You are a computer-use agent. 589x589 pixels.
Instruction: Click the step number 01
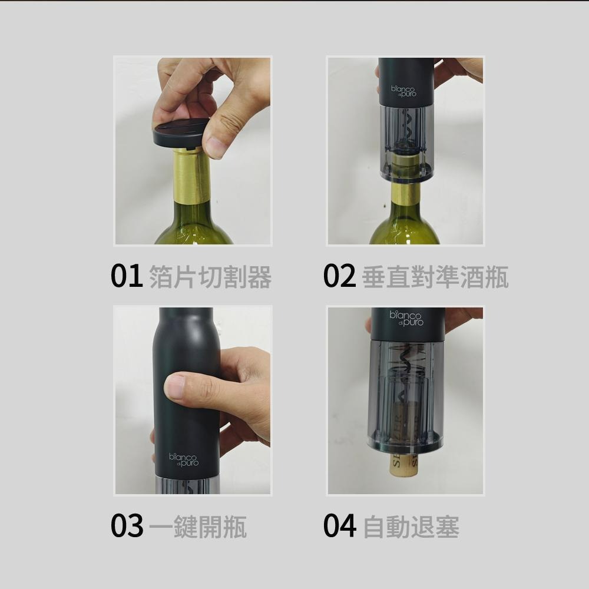pos(127,276)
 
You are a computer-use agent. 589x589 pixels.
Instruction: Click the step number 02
pos(339,276)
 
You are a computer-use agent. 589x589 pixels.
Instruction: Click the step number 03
pos(127,525)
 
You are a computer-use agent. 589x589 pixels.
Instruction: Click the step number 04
pos(339,525)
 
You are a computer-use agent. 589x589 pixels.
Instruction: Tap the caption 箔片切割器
pos(210,277)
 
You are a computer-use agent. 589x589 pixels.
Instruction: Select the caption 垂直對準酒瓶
pos(435,277)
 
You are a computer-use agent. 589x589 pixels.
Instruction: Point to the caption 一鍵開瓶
pos(197,526)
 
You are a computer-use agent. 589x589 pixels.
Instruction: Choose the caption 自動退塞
pos(411,526)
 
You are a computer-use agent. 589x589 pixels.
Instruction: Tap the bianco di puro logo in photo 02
pos(403,91)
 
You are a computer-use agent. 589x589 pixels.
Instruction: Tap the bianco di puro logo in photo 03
pos(184,459)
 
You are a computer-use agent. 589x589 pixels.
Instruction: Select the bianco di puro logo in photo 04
pos(406,319)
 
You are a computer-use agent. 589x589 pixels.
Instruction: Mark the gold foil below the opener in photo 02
pos(405,194)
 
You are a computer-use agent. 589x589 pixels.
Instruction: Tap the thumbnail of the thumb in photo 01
pos(214,147)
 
